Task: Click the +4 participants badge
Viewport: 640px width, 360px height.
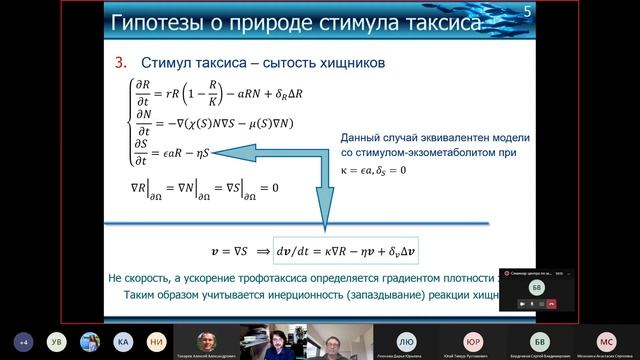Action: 21,341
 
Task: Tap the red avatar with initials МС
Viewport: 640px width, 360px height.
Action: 605,340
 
